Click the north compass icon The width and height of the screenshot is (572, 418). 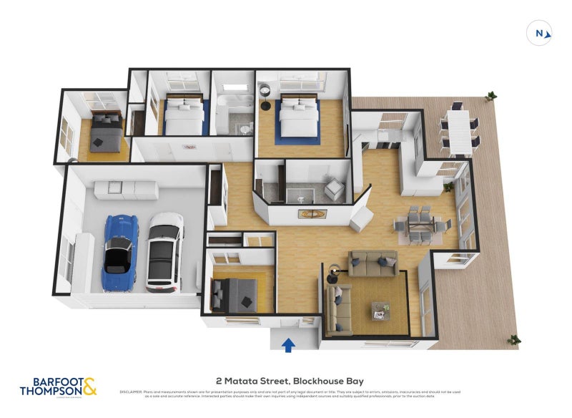click(x=540, y=32)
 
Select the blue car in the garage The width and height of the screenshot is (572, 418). click(x=119, y=253)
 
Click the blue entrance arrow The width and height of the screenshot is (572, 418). click(x=288, y=346)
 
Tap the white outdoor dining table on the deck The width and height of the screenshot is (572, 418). click(x=458, y=129)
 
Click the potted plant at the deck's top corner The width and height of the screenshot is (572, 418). click(x=491, y=95)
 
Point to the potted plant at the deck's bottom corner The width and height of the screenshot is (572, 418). click(x=513, y=339)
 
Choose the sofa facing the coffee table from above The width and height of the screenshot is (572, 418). click(x=372, y=263)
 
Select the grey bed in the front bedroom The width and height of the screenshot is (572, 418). click(x=237, y=291)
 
